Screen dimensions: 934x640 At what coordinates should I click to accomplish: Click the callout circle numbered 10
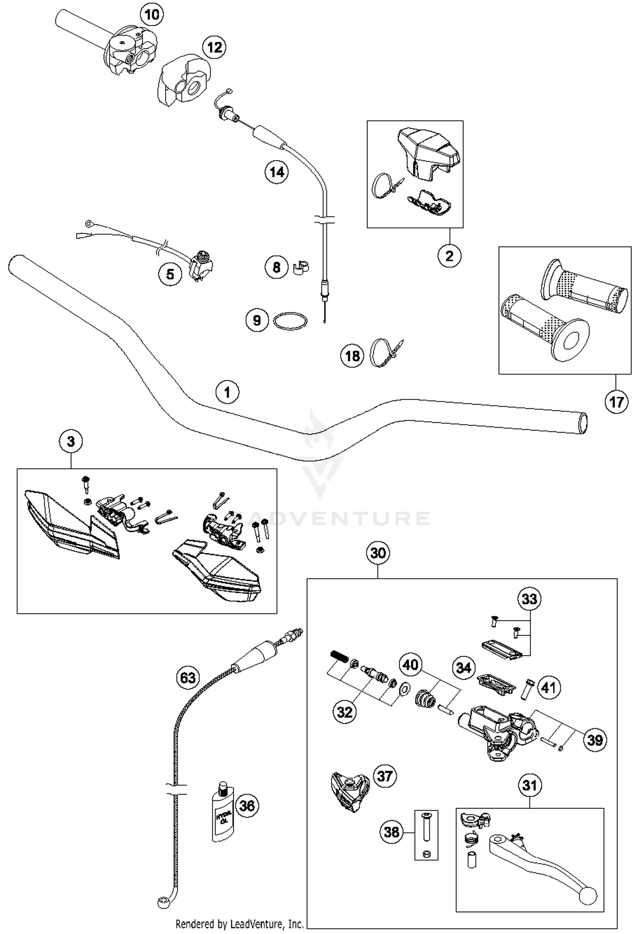[152, 15]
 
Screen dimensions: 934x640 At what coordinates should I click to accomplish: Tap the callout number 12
[214, 47]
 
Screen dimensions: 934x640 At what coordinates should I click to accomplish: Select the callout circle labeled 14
[276, 172]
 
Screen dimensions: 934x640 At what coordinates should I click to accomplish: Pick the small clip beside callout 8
[301, 267]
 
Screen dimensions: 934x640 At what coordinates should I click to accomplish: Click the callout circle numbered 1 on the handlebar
[227, 392]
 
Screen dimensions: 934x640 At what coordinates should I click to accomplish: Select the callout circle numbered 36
[247, 806]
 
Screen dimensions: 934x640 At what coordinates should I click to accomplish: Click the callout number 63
[188, 678]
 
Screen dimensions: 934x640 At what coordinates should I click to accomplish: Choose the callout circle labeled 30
[378, 553]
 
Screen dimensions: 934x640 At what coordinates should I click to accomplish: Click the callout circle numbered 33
[529, 599]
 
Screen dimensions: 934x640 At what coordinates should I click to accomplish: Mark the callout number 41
[548, 687]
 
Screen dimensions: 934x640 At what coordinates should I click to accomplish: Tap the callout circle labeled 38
[392, 832]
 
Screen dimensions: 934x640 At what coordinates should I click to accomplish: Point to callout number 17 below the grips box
[616, 402]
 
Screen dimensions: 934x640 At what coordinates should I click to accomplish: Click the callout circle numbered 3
[71, 442]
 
